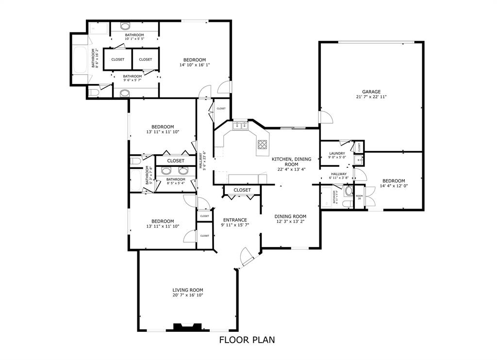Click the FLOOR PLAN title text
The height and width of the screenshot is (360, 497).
pos(247,340)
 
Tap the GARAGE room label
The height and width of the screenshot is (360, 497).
pos(371,92)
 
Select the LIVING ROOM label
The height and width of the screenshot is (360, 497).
pos(187,290)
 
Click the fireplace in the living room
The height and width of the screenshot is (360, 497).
pos(187,327)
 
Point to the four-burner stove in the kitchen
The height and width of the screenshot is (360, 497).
pos(262,144)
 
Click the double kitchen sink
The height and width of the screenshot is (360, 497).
pos(241,126)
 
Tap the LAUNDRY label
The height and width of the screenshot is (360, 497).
pos(337,153)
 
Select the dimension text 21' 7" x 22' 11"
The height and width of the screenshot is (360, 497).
pos(371,97)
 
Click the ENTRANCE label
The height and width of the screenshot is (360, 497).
pos(235,220)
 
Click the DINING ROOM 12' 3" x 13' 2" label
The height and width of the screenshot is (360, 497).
pos(290,219)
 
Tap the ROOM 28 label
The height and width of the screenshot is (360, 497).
pos(359,197)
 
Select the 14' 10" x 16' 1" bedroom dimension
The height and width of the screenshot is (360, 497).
pos(195,65)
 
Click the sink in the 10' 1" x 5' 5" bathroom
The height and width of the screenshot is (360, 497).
pos(125,27)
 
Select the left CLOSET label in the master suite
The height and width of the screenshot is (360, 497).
pos(117,59)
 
